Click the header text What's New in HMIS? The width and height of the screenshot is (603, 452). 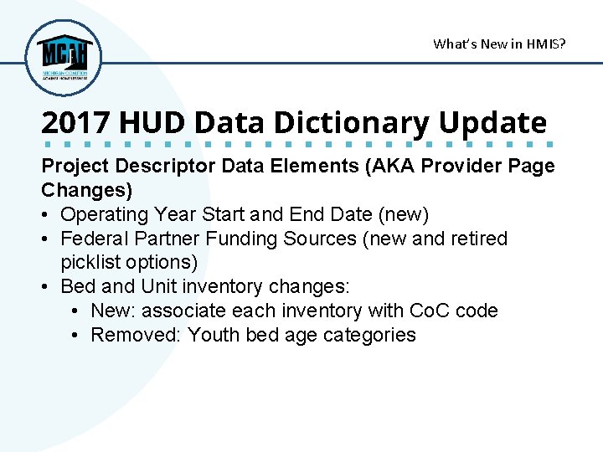(499, 44)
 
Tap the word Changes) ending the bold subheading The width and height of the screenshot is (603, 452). (87, 190)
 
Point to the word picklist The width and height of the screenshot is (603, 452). (90, 262)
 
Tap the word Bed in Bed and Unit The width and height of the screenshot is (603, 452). (79, 286)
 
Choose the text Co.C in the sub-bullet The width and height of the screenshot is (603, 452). (430, 311)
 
